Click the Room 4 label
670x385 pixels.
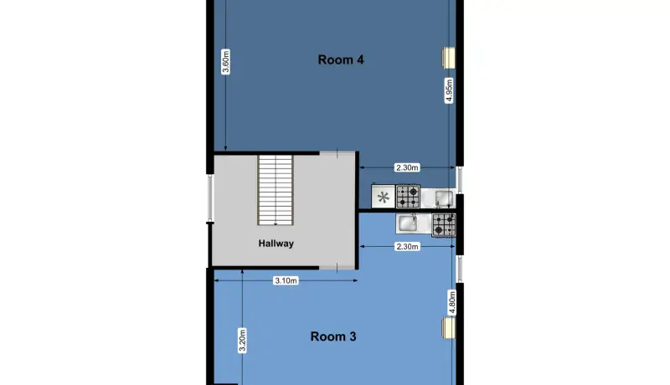coord(341,59)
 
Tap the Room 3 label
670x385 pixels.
coord(333,336)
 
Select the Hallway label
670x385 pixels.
coord(276,244)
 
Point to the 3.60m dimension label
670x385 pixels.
coord(225,62)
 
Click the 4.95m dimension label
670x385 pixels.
coord(449,90)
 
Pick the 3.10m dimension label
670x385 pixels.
coord(286,280)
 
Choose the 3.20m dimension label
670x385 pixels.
coord(242,340)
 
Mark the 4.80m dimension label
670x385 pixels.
coord(452,302)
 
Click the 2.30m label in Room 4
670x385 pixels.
coord(407,167)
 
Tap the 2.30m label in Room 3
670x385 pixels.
coord(407,246)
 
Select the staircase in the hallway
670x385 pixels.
coord(276,190)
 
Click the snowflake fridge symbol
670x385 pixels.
coord(384,198)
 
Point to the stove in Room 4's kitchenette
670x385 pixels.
coord(408,197)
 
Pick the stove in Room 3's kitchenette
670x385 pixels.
coord(444,224)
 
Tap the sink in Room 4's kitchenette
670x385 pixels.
coord(444,198)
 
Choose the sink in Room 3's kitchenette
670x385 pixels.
coord(408,223)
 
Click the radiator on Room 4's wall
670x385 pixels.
coord(449,58)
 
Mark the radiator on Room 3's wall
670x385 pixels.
coord(449,328)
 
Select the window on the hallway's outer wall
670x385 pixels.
coord(210,198)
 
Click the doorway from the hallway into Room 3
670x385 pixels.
coord(338,268)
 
